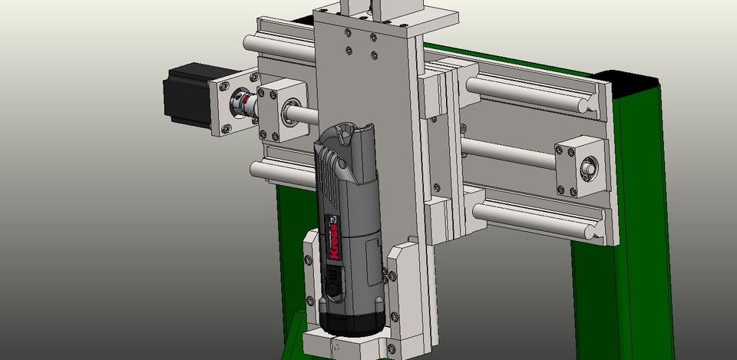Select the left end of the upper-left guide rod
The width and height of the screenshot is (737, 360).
[250, 43]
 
